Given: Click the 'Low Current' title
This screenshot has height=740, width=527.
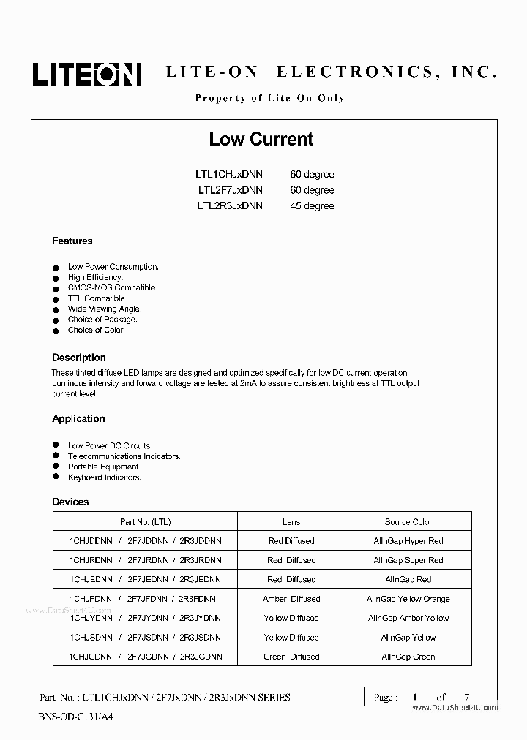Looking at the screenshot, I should coord(261,139).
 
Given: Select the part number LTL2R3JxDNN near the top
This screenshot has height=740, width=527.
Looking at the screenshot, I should coord(229,206).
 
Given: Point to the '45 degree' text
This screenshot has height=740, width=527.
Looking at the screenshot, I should coord(312,206).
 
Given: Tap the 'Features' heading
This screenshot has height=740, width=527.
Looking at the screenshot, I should coord(72,241).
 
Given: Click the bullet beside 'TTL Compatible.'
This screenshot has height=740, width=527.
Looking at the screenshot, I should coord(55,299).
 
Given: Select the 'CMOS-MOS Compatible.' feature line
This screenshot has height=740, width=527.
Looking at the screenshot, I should coord(112,288).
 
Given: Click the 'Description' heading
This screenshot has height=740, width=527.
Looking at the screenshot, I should coord(79,358).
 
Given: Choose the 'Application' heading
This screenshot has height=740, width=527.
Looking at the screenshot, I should coord(78,418).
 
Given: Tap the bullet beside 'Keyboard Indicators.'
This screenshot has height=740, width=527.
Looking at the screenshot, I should coord(55,477).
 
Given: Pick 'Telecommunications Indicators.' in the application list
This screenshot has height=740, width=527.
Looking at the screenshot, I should coord(124,456).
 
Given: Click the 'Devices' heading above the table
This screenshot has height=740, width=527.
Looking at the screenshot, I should coord(70,502).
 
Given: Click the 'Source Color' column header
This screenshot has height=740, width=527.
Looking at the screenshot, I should coord(408,522).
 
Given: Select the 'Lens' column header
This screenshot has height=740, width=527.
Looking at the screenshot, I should coord(291,522).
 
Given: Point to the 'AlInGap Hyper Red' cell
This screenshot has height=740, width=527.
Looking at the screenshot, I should coord(408,541).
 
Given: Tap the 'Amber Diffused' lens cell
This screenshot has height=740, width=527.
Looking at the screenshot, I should coord(291,599).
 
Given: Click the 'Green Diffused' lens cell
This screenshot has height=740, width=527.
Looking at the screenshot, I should coord(291,657).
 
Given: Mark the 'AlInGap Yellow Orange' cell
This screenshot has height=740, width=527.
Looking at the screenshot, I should coord(408,599).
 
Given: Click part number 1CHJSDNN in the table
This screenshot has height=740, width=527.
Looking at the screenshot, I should coord(91,638).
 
